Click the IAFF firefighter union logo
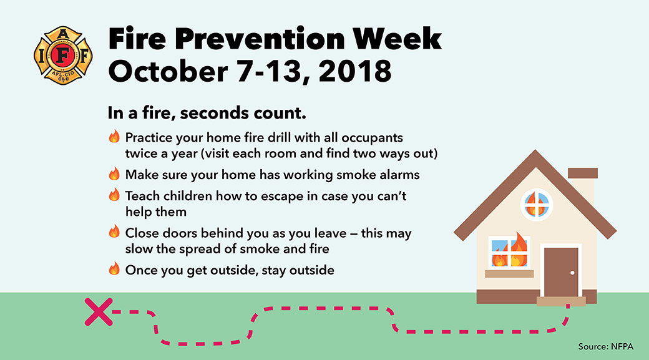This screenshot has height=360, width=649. [x=63, y=56]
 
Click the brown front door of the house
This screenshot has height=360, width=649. [x=560, y=272]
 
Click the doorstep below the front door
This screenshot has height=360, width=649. [x=561, y=301]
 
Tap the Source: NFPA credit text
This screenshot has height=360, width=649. [x=605, y=346]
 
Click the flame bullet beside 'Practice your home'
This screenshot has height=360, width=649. [x=114, y=137]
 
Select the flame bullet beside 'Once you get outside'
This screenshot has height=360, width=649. [x=114, y=270]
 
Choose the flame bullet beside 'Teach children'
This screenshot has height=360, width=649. [x=114, y=195]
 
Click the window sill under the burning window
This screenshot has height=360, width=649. [x=509, y=273]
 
